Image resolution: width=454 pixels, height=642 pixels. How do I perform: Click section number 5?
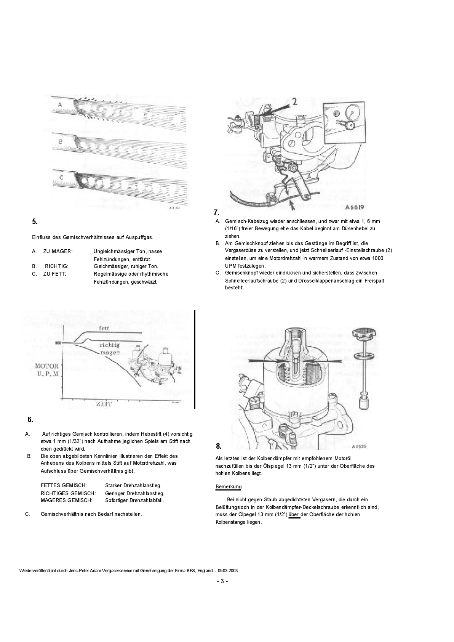34,221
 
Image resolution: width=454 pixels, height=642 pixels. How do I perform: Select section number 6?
30,419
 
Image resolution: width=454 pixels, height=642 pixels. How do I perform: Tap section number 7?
216,212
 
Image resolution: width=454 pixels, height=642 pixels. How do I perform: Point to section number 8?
219,446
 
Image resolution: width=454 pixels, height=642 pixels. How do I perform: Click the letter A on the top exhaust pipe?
60,104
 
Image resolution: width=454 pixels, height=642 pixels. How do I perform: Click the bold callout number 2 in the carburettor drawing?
294,101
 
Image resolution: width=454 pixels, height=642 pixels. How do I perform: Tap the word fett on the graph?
104,328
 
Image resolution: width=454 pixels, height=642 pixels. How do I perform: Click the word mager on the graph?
110,353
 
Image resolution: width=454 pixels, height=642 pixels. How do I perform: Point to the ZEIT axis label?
104,404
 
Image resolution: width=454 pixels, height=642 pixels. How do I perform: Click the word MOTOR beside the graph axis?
47,366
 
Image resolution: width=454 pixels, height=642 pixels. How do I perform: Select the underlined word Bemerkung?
229,487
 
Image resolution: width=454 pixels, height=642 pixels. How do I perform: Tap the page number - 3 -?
222,581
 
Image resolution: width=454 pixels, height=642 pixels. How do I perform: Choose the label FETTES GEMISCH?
64,486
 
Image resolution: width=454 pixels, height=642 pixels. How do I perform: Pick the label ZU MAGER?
58,251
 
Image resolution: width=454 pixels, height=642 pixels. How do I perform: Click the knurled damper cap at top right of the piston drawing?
364,334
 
